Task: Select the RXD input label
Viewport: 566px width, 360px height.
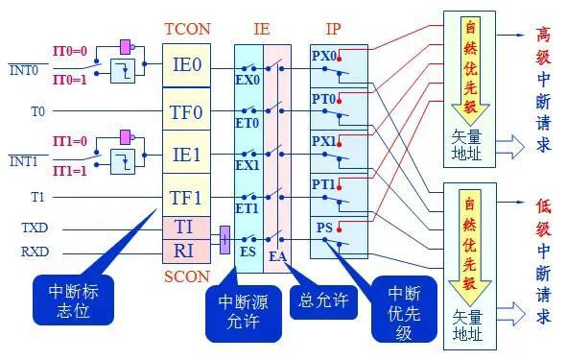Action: coord(35,253)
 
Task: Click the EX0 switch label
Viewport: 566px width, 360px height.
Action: coord(248,80)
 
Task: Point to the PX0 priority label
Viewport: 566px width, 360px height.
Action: coord(324,55)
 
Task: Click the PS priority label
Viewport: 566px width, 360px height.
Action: coord(324,228)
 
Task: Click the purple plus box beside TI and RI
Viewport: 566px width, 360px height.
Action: coord(224,240)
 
